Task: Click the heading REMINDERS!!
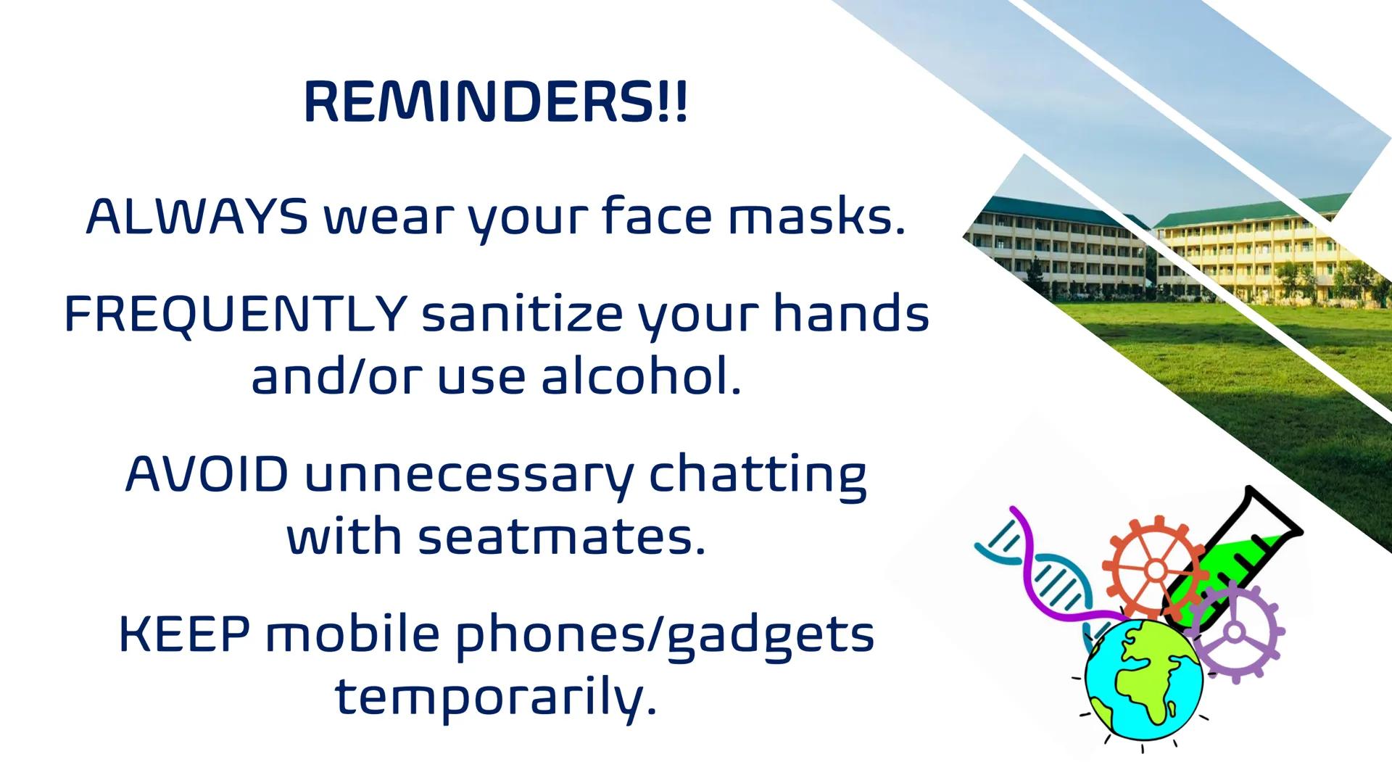[x=495, y=102]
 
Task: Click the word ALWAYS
[x=196, y=217]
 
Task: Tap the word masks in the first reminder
[x=817, y=217]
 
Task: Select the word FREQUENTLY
[x=236, y=315]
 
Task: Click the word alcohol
[x=642, y=378]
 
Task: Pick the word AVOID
[x=207, y=475]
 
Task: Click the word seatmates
[x=562, y=538]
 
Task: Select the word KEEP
[x=184, y=634]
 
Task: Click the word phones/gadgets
[x=665, y=634]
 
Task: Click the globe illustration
[x=1143, y=679]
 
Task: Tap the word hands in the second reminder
[x=851, y=315]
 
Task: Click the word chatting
[x=757, y=475]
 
